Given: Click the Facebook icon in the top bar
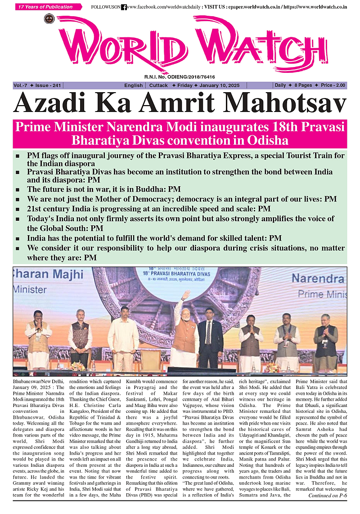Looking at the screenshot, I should [x=124, y=7].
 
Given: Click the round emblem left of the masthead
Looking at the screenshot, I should [x=49, y=19].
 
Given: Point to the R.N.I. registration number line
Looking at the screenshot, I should [x=180, y=77].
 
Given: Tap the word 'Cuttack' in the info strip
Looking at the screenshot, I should [x=158, y=85].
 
